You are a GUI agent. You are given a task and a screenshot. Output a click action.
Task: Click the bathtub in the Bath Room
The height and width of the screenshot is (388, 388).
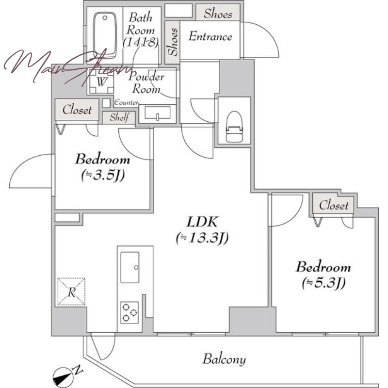(105, 34)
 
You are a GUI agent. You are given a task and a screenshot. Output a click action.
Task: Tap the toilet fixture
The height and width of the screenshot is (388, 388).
(234, 127)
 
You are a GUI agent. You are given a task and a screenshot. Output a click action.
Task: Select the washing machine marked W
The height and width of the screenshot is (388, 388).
(101, 81)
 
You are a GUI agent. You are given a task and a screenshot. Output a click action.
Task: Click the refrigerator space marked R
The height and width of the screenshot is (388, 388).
(71, 292)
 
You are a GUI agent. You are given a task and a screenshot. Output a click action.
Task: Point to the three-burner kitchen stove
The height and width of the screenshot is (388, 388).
(129, 312)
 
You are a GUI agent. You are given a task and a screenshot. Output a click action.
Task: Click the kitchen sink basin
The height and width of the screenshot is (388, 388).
(129, 267)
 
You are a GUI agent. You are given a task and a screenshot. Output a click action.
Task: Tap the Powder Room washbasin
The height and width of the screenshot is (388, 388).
(157, 113)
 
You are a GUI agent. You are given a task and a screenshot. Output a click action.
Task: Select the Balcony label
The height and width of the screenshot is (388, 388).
(224, 359)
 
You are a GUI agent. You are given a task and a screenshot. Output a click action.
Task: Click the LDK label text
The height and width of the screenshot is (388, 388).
(202, 222)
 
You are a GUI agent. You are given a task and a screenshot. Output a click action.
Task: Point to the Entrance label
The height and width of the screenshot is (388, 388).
(210, 36)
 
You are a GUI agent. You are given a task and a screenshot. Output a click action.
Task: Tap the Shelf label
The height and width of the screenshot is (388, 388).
(119, 117)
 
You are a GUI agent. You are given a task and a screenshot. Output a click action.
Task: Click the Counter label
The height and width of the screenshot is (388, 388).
(126, 102)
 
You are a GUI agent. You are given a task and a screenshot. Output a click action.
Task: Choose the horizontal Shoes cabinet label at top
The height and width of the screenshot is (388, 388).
(218, 14)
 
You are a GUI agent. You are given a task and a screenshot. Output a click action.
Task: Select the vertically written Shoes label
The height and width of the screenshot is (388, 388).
(173, 42)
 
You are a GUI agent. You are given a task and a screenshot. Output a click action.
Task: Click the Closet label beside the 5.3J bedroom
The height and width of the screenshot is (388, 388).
(334, 205)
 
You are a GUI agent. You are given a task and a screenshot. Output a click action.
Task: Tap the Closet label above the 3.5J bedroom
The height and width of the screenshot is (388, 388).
(77, 110)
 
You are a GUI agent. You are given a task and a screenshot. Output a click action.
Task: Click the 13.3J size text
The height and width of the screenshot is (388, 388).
(202, 238)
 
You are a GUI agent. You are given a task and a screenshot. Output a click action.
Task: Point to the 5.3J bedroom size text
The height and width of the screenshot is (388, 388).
(323, 283)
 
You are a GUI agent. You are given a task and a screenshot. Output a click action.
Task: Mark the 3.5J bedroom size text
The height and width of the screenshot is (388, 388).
(103, 175)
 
